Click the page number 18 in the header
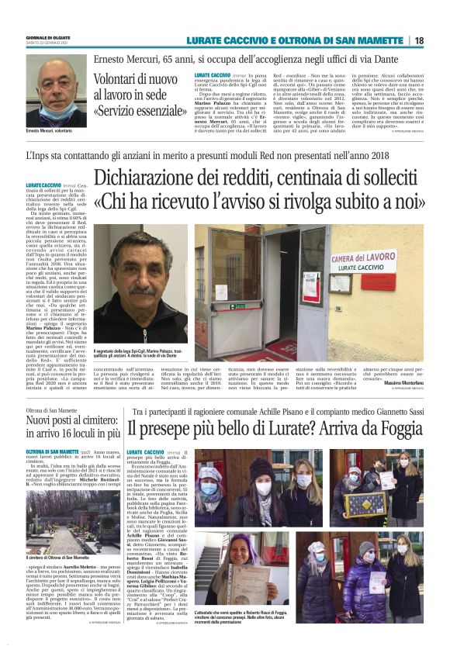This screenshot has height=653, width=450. pos(419,40)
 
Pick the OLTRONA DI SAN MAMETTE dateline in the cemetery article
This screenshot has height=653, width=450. pos(51,451)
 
